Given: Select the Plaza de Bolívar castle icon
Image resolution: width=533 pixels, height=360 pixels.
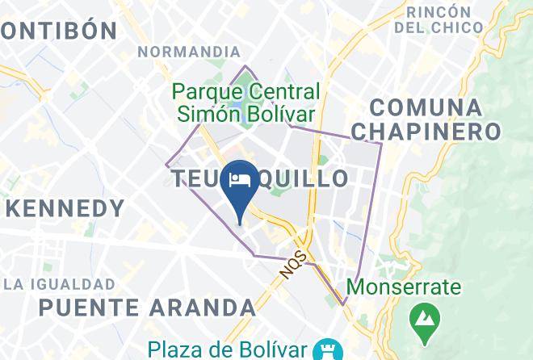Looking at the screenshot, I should click(329, 350).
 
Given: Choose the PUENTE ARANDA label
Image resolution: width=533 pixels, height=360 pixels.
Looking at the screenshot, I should click(147, 308).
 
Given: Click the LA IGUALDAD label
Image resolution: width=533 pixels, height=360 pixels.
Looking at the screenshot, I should click(60, 284).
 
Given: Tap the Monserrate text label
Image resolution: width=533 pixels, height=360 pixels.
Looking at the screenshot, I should click(404, 287).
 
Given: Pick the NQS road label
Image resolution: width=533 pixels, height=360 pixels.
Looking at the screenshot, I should click(294, 264).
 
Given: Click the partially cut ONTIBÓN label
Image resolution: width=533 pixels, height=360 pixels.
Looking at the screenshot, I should click(58, 31).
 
